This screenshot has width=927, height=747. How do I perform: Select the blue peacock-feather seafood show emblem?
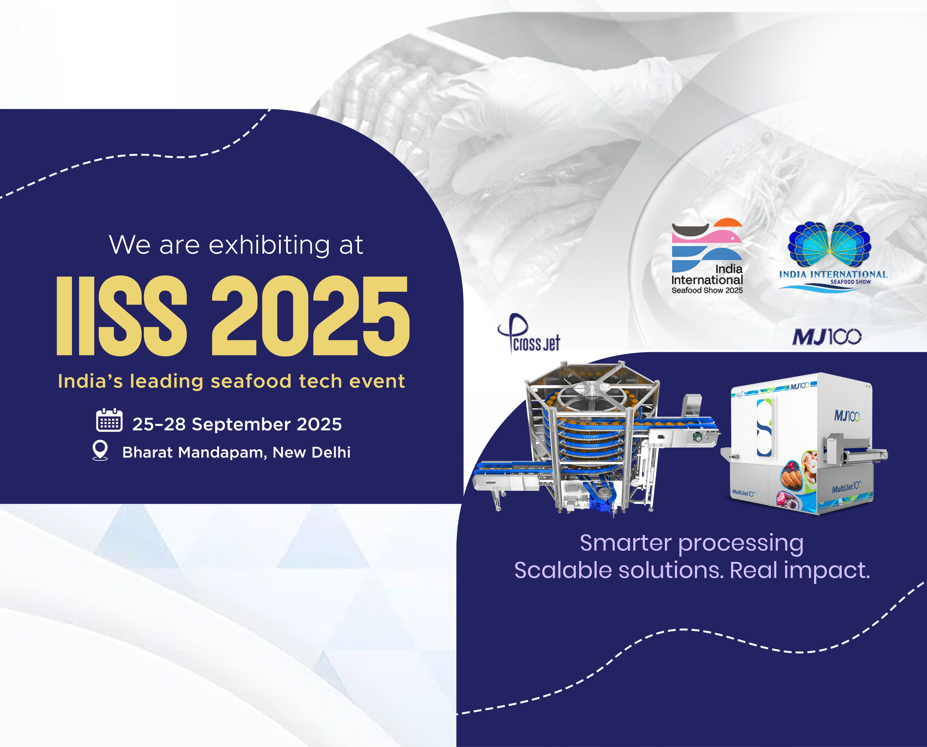pos(829,244)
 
